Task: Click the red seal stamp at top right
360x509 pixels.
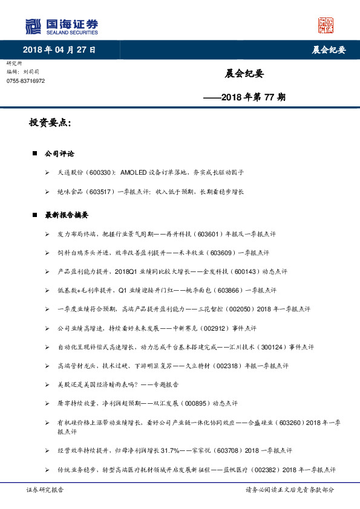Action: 326,25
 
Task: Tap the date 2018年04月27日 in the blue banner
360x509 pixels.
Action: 59,50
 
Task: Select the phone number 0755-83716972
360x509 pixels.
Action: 25,80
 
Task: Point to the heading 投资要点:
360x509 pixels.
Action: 50,123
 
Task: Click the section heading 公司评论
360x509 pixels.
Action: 59,154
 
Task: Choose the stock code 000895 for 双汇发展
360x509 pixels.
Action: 194,404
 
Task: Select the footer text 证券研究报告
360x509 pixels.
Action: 44,490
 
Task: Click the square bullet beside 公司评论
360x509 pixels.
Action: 35,154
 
